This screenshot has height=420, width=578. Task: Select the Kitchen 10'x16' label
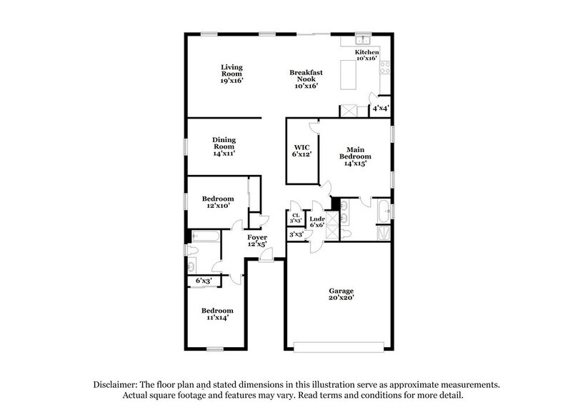(367, 56)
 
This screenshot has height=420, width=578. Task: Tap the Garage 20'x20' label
(342, 295)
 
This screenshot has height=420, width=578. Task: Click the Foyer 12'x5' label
(257, 241)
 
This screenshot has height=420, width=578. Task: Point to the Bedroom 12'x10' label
(217, 202)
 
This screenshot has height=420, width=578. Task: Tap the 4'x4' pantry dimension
(380, 109)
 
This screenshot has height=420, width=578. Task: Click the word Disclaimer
(117, 384)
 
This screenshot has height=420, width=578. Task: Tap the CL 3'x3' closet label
(296, 218)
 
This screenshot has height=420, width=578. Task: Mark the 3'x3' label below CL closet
(296, 234)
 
